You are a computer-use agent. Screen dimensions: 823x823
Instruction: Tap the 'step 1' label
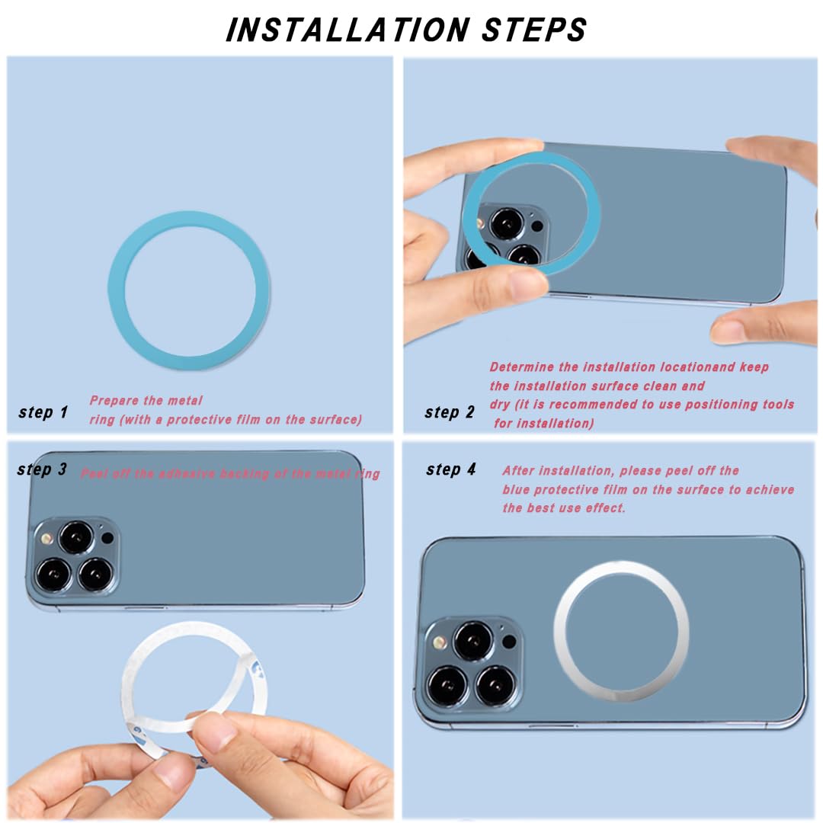pos(43,412)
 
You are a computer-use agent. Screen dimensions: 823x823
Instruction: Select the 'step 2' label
pos(450,412)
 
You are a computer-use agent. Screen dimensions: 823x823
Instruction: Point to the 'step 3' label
pos(42,469)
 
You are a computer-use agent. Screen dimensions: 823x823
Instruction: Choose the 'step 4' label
pos(451,469)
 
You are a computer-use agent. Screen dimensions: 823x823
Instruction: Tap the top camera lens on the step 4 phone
pos(472,641)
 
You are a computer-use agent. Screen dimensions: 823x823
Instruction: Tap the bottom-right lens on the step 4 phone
pos(494,684)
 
